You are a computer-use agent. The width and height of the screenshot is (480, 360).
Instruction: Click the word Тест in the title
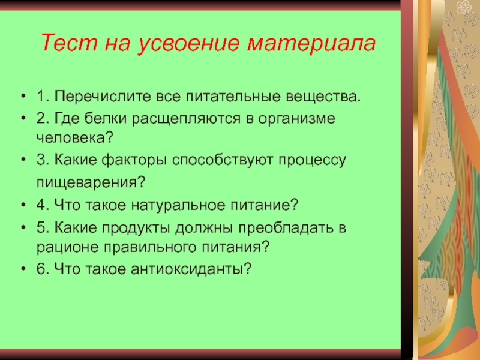pyautogui.click(x=69, y=42)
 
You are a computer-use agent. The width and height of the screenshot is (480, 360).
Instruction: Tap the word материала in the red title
pyautogui.click(x=311, y=43)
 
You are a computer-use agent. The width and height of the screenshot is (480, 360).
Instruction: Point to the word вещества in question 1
pyautogui.click(x=323, y=97)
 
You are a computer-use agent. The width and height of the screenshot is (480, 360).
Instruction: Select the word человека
pyautogui.click(x=75, y=138)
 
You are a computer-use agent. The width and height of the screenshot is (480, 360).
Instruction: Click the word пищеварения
pyautogui.click(x=91, y=183)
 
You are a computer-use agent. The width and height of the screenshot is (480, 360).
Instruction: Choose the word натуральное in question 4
pyautogui.click(x=178, y=205)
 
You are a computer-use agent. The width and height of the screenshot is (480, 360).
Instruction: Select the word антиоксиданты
pyautogui.click(x=191, y=269)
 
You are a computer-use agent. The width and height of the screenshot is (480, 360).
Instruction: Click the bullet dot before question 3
pyautogui.click(x=23, y=160)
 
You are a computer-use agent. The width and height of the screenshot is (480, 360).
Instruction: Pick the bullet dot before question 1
pyautogui.click(x=23, y=96)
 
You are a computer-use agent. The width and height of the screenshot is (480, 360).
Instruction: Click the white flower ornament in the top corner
pyautogui.click(x=464, y=7)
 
